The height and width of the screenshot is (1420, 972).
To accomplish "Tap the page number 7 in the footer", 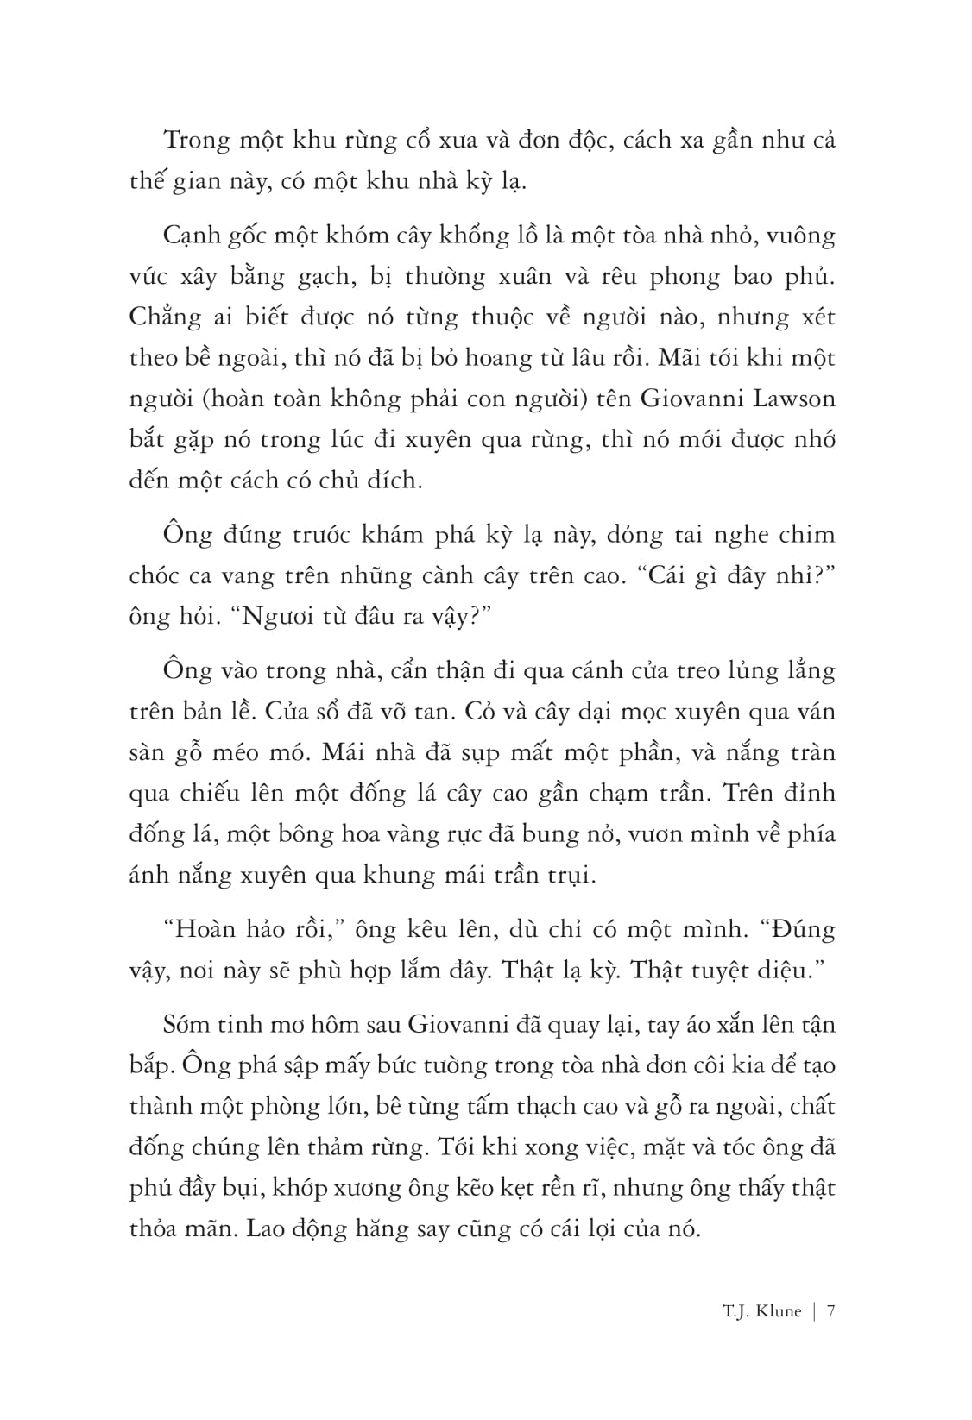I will pos(830,1312).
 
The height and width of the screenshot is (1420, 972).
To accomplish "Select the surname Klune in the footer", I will pos(775,1312).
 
